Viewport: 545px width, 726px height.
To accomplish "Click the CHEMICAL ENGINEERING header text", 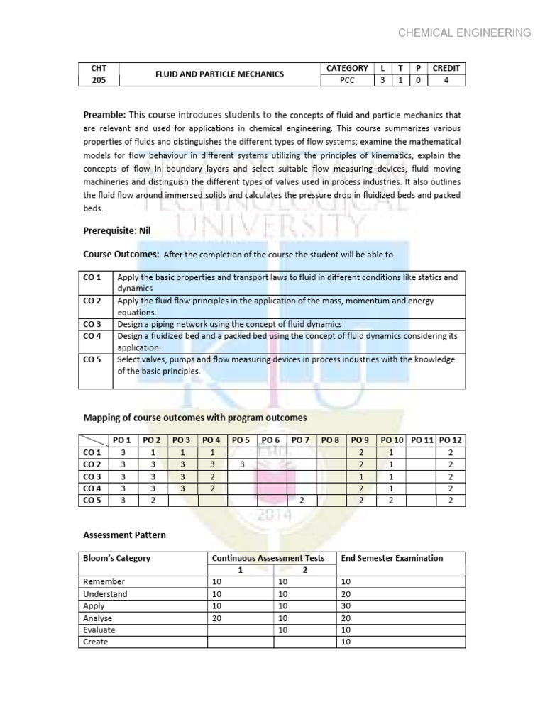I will coord(465,33).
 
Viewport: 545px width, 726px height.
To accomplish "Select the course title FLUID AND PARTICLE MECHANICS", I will coord(221,74).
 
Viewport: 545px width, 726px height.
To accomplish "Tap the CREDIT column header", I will coord(446,68).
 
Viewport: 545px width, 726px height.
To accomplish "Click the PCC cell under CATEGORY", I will coord(347,81).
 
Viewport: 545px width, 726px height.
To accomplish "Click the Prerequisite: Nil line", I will coord(117,230).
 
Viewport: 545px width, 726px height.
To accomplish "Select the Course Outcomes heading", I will coord(121,254).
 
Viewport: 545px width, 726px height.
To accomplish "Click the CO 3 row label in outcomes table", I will coord(93,324).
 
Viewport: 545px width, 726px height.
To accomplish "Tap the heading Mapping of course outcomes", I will coord(195,418).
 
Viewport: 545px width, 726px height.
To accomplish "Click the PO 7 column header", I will coord(300,440).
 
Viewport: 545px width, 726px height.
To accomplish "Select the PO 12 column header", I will coord(451,440).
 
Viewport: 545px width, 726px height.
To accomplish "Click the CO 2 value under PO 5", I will coord(241,464).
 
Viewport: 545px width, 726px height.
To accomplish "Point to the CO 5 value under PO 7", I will coord(301,501).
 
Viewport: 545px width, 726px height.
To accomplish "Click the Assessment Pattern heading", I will coord(124,535).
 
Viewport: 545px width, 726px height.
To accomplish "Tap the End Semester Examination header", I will coord(392,558).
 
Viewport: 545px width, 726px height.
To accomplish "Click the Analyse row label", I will coord(97,618).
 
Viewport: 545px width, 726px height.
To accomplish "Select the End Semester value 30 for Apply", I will coord(346,606).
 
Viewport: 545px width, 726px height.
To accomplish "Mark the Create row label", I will coord(96,642).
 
